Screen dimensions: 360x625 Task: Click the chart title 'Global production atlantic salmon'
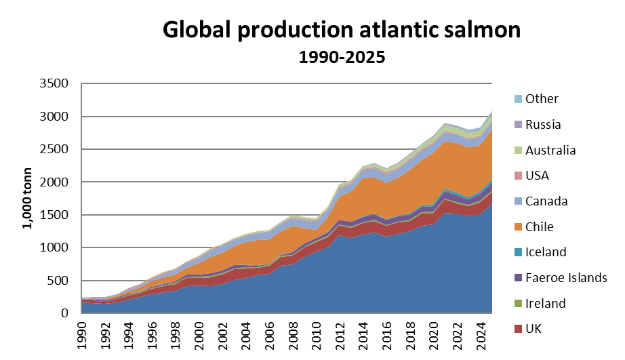tap(342, 30)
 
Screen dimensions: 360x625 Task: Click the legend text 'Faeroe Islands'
tap(566, 278)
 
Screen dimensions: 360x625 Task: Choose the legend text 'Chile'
tap(540, 226)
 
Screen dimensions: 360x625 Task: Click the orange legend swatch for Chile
tap(518, 227)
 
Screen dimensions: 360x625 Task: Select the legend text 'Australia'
tap(551, 150)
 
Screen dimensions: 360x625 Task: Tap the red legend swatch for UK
tap(518, 329)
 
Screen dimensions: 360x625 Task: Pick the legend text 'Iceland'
tap(546, 252)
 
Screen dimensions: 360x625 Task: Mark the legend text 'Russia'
tap(544, 124)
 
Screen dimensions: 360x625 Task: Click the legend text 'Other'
tap(542, 99)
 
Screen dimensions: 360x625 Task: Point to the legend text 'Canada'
tap(546, 201)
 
